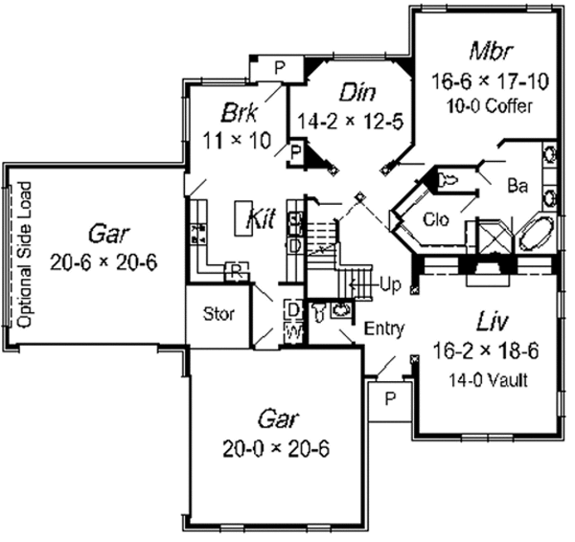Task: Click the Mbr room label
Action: click(x=488, y=50)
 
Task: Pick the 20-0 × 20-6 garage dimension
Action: click(x=277, y=447)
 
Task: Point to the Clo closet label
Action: click(x=435, y=222)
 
